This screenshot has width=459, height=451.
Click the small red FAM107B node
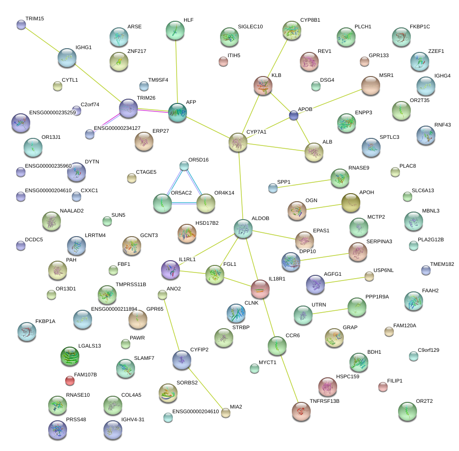click(x=70, y=380)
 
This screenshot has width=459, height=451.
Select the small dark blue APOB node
click(x=294, y=115)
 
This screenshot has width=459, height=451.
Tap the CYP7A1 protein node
click(x=238, y=142)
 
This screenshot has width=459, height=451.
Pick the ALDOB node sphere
click(x=243, y=229)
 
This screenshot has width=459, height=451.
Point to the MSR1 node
click(x=371, y=85)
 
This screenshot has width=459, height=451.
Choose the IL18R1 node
click(x=260, y=289)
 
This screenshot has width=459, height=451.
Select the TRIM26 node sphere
click(x=128, y=108)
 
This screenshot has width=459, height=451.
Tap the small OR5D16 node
click(x=184, y=166)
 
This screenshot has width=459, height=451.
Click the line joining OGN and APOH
click(x=323, y=206)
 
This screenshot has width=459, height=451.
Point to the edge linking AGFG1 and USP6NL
click(x=345, y=281)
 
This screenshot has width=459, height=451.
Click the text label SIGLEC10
click(x=250, y=27)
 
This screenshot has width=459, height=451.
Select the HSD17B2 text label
click(x=207, y=223)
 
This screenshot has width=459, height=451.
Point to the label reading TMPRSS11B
click(x=131, y=285)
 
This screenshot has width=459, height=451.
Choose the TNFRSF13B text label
click(x=324, y=401)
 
